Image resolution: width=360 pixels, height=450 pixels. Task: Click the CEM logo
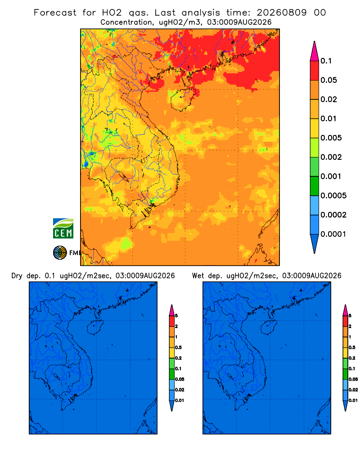tap(63, 229)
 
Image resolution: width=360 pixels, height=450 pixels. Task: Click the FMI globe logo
tap(60, 253)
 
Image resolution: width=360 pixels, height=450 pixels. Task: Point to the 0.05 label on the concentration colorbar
tap(328, 80)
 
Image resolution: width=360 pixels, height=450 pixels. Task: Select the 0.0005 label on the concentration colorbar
tap(333, 195)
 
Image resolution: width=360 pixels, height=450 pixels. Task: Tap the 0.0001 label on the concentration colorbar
tap(333, 234)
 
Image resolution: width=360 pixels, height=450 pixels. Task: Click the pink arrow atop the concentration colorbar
tap(315, 51)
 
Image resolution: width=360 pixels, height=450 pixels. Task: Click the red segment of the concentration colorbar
tap(315, 71)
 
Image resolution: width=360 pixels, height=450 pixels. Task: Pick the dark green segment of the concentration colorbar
tap(315, 186)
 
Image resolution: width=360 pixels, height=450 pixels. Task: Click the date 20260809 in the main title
tap(281, 13)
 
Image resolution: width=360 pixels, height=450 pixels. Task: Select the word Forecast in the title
tap(55, 13)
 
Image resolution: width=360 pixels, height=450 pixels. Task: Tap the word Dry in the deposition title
tap(17, 276)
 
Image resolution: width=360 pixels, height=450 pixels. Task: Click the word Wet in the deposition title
tap(198, 276)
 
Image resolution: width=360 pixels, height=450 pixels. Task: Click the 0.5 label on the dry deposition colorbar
tap(178, 347)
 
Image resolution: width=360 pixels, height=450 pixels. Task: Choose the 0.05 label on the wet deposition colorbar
tap(353, 379)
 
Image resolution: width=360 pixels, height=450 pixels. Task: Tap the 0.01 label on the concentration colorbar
tap(328, 118)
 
